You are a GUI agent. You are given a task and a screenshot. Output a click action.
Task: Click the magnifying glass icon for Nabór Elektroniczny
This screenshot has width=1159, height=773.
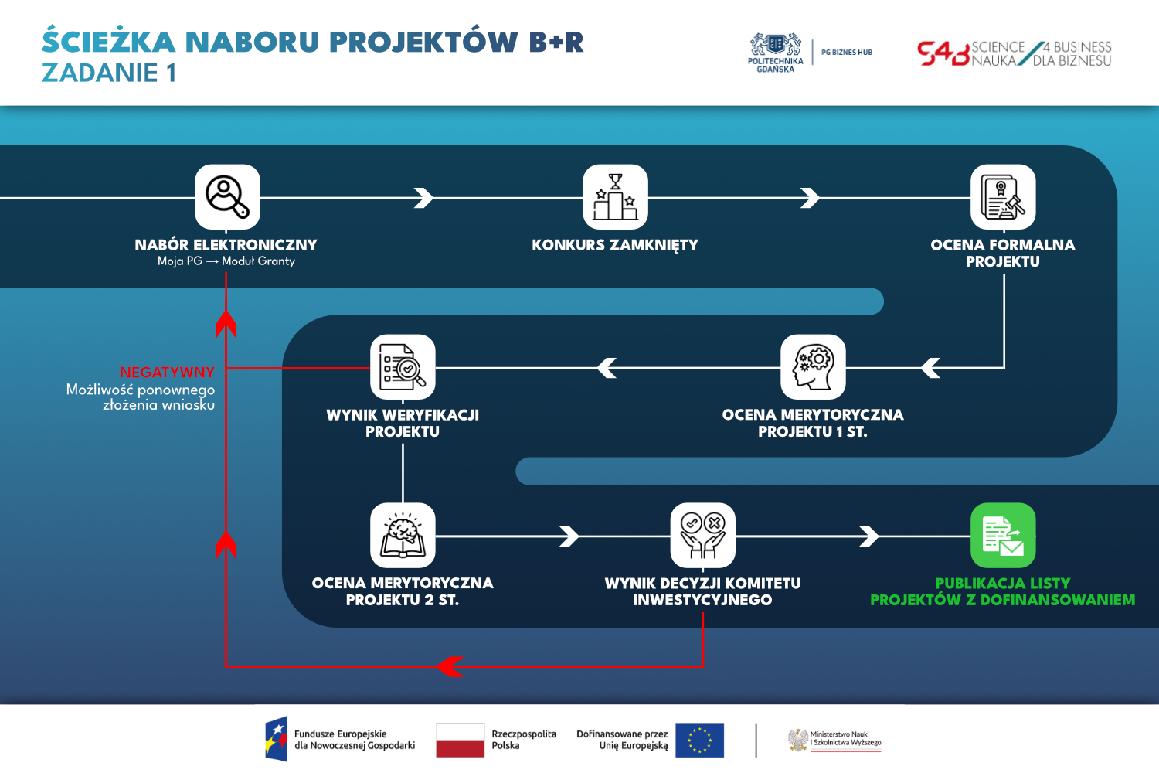pos(227,197)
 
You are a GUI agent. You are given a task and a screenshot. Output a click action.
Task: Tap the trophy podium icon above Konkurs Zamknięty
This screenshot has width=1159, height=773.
pos(615,197)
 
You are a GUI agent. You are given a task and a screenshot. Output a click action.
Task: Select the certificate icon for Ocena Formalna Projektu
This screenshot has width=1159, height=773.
pos(1003,197)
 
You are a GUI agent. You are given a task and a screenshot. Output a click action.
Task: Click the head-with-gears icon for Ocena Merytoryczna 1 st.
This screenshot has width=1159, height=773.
pos(813,367)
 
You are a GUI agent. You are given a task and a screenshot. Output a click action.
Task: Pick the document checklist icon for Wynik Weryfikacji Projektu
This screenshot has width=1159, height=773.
pos(403,367)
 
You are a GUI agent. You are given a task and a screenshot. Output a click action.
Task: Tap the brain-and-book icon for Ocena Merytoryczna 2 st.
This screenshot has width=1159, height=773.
pos(403,536)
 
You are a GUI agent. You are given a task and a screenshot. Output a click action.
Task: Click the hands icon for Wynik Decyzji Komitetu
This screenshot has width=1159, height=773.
pos(702,536)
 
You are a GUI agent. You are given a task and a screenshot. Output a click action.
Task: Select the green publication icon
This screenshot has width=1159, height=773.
pos(1003,536)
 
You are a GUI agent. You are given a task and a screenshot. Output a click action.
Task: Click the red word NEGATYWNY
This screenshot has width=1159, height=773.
pos(167,373)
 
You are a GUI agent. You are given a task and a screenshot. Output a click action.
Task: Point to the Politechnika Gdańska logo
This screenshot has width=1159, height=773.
pos(775,53)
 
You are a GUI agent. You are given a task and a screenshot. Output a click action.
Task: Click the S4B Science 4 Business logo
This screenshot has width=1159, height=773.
pos(1014,53)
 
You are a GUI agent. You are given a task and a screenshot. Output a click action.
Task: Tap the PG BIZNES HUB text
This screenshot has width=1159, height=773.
pos(847,53)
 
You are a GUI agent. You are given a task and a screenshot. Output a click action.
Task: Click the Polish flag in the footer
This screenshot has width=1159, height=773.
pos(460,740)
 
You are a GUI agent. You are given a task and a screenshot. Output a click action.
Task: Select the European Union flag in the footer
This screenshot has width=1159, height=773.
pos(699,740)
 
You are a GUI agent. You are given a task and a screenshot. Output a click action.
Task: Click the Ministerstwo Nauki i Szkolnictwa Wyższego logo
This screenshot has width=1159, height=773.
pos(834,740)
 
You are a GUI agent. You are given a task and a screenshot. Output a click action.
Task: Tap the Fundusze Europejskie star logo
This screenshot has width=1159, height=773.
pos(276,739)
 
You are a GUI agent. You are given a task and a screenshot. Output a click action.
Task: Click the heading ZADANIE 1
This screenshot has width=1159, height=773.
pos(109,73)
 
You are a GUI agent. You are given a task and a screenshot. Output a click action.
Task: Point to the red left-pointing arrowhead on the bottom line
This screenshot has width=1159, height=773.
pos(449,666)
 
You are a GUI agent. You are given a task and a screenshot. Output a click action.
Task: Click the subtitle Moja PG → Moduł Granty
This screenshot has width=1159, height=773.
pos(226,261)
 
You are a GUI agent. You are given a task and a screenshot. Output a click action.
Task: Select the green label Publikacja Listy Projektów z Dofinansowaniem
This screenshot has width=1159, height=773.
pos(1003,591)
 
